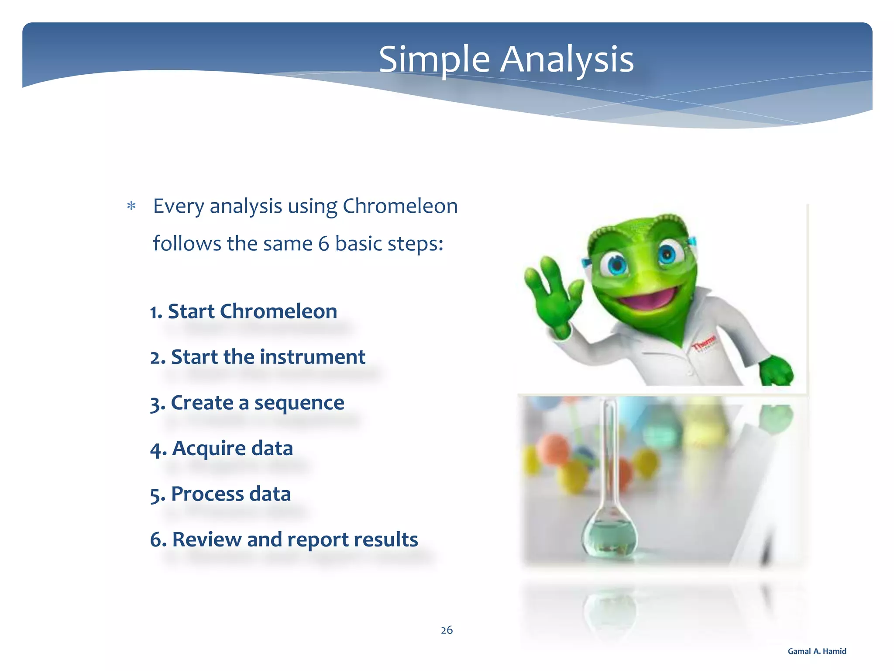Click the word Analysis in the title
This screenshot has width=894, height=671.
[x=567, y=60]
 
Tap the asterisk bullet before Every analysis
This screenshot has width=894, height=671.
[x=131, y=206]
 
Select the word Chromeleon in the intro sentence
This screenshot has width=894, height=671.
[x=400, y=206]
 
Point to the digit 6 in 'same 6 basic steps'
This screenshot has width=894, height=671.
[x=323, y=244]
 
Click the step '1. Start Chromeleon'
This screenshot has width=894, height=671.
[x=244, y=311]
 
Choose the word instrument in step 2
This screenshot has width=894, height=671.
[x=313, y=357]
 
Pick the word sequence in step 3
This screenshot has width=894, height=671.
[x=299, y=403]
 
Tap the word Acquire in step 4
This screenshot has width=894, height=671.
[x=209, y=449]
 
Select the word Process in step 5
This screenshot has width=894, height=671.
[x=207, y=494]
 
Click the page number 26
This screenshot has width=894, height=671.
[x=447, y=630]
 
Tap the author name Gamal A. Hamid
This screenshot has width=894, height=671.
[x=817, y=651]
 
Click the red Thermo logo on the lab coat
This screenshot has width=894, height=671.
[x=704, y=342]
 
